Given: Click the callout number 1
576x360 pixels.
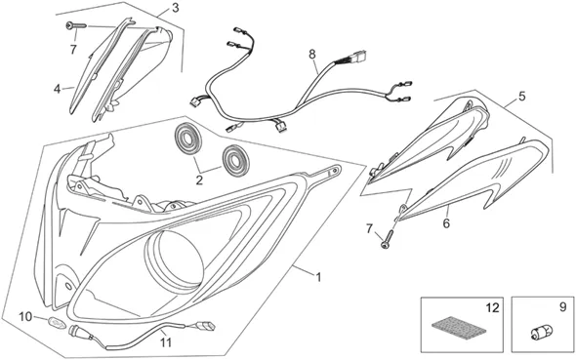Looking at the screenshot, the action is (x=318, y=277).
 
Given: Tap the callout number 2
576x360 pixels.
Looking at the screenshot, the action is (x=199, y=180).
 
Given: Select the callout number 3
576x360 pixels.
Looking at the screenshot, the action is (x=175, y=8).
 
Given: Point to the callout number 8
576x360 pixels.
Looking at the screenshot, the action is (x=311, y=55).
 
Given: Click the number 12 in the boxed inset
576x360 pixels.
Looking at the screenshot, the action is (x=492, y=308).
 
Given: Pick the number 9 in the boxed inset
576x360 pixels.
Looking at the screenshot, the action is (x=562, y=307).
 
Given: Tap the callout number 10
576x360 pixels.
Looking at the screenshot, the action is (x=25, y=316).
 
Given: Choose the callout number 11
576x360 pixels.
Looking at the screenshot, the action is (x=166, y=342).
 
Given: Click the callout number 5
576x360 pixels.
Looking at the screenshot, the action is (x=522, y=97).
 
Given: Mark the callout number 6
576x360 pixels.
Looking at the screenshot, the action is (x=446, y=223).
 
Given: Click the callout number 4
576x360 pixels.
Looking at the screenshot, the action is (x=57, y=89).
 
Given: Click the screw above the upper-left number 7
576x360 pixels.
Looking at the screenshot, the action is (x=76, y=25).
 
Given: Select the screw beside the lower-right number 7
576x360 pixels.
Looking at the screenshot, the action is (x=387, y=238).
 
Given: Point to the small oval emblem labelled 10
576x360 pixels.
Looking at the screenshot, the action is (x=57, y=323).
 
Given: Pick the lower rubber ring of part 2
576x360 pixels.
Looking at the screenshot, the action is (x=236, y=160).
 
